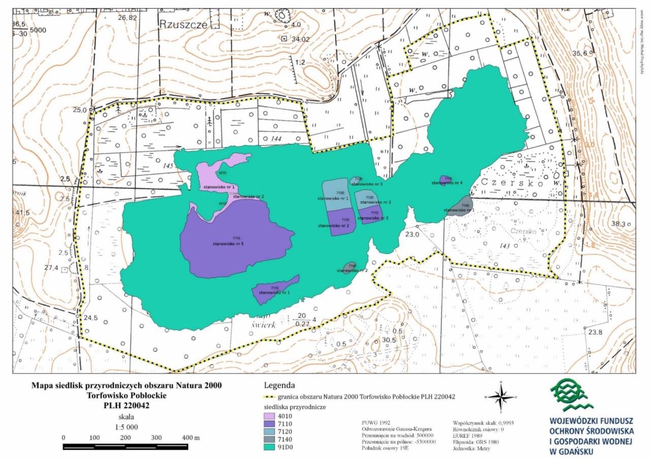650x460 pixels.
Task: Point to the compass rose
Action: tap(501, 397)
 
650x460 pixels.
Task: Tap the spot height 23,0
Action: tap(411, 235)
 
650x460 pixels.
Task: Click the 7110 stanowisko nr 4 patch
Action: tap(446, 181)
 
